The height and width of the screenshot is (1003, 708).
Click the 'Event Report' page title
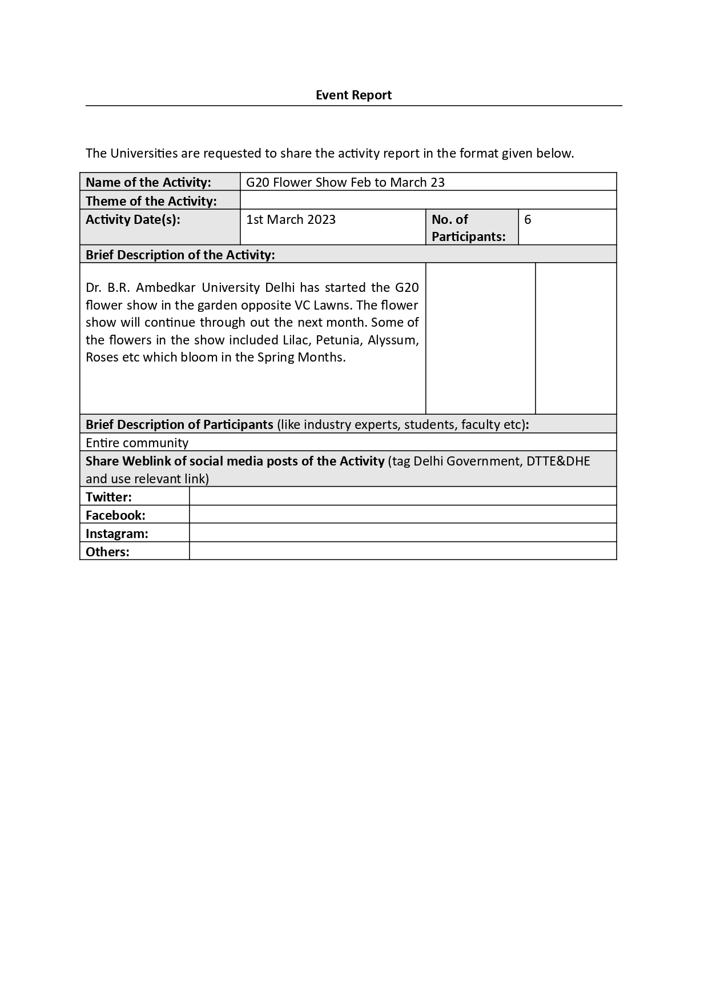353,95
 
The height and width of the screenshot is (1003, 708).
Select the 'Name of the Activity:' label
148,182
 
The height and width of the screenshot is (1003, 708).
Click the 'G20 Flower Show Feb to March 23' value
345,182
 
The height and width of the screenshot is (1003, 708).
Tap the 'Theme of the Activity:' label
151,201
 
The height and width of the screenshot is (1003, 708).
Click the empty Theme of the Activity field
428,200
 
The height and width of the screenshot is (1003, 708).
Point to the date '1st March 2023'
291,219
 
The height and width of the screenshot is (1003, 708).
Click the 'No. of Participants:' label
468,228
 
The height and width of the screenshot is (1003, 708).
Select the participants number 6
528,219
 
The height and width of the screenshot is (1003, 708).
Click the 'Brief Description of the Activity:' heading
180,255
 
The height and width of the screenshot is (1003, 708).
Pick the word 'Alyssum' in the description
393,340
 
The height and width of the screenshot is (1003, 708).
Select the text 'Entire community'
137,443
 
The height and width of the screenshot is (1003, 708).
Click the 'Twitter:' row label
108,497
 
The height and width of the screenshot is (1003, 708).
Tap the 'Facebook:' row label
115,515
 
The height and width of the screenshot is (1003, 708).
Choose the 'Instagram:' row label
117,533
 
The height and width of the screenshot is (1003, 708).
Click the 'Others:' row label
107,552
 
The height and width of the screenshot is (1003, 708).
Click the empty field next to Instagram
403,533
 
